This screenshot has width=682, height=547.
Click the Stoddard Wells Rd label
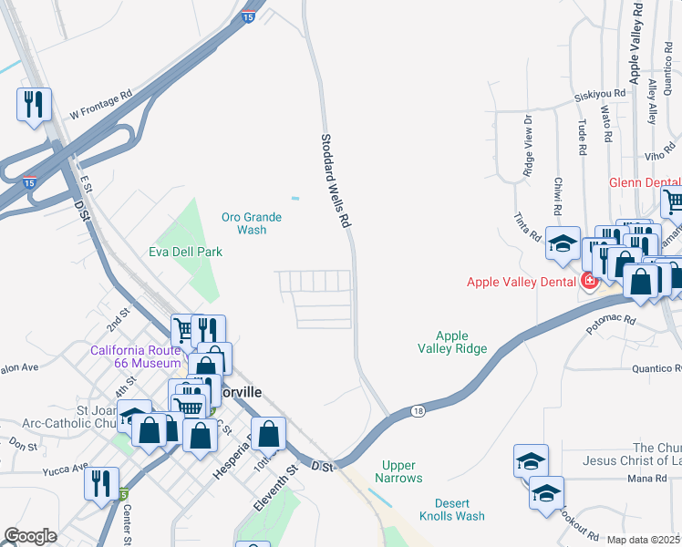point(336,181)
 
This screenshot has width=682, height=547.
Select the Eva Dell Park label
point(185,252)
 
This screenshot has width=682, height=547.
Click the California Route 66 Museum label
point(136,356)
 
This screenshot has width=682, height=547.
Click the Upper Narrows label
point(402,471)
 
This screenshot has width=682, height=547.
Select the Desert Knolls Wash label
point(452,509)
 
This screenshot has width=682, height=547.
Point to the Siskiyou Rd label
point(599,93)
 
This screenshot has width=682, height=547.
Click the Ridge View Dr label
point(527,146)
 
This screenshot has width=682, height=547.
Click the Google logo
point(30,536)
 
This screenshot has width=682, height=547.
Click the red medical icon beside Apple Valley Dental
point(590,280)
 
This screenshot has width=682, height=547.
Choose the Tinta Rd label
point(527,228)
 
